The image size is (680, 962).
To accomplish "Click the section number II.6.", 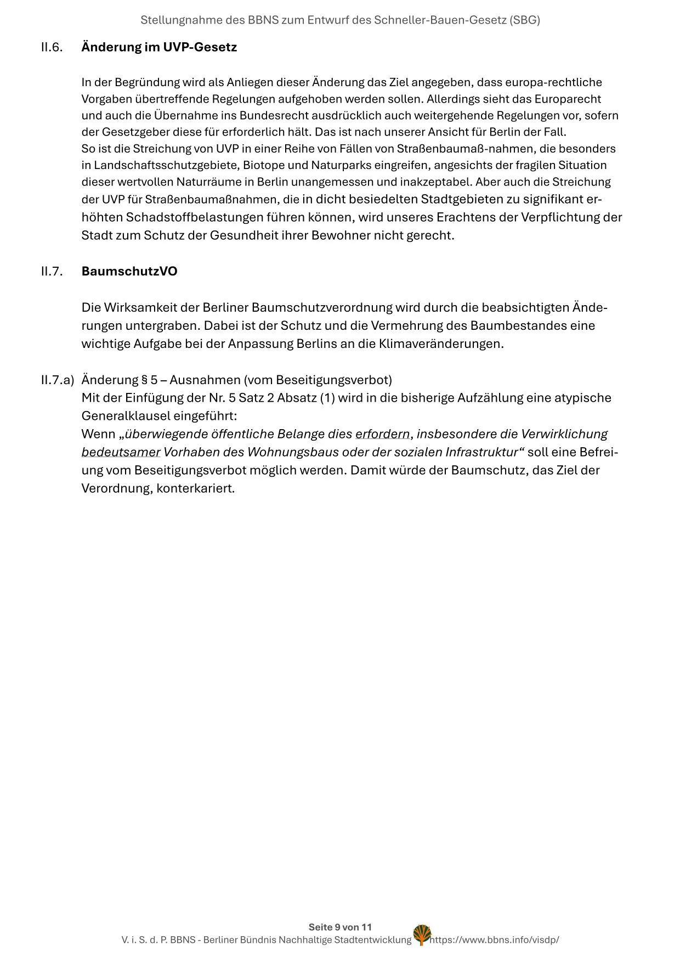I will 52,47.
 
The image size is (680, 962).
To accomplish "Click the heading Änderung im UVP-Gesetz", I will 159,47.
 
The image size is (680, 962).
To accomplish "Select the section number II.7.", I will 52,272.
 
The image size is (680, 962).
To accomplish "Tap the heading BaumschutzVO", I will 129,272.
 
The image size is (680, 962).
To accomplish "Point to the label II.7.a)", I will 57,380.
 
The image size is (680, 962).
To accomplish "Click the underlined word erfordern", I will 382,434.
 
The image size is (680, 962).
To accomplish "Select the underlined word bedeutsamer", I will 121,452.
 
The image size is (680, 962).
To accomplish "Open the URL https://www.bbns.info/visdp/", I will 495,940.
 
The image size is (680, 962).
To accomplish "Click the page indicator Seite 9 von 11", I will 340,927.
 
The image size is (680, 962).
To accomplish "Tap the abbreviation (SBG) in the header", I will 524,20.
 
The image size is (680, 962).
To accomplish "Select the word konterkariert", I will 195,488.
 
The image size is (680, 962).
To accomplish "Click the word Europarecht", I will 568,99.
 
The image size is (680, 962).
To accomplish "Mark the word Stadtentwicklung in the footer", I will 373,940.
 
